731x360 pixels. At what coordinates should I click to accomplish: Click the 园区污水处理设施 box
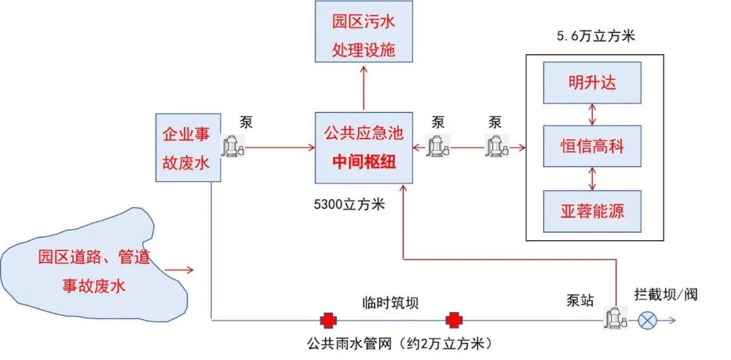(364, 32)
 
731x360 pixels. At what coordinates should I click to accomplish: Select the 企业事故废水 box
(188, 148)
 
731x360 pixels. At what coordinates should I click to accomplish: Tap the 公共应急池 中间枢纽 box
(363, 147)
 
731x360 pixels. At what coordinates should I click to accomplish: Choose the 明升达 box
(592, 83)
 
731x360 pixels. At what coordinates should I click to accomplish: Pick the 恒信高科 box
(592, 146)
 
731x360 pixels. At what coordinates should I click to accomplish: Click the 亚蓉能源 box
(592, 210)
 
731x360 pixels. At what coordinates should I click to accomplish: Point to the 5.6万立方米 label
(596, 36)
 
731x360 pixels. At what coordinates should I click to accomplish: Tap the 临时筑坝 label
(391, 302)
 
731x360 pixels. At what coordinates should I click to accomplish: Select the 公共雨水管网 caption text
(397, 342)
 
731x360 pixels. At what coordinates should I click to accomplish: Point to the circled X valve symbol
(648, 320)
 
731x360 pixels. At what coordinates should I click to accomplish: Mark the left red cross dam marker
(329, 320)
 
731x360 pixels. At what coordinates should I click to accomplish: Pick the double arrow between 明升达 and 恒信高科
(593, 114)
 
